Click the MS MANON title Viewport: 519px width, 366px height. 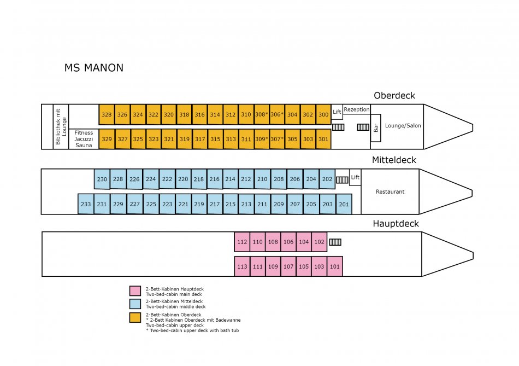point(93,68)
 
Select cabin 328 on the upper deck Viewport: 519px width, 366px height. point(107,114)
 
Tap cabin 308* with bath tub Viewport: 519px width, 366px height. point(261,114)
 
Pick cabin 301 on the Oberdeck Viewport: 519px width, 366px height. point(323,139)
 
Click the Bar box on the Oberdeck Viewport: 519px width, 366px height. point(376,128)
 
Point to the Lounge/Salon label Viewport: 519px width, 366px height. point(403,125)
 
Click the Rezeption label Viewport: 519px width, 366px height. point(356,109)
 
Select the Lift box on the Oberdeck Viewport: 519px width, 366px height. point(337,112)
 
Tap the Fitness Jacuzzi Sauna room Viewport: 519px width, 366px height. point(84,139)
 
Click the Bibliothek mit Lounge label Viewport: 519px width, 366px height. point(60,126)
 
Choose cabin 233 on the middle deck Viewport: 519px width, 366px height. point(86,204)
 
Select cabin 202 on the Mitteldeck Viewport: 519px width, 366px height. point(327,179)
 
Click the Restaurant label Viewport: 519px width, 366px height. point(390,191)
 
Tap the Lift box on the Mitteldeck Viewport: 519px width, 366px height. point(355,177)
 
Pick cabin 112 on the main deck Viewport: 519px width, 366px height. point(242,242)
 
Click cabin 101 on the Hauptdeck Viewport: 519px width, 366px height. point(335,266)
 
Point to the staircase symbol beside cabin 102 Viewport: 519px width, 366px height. point(335,242)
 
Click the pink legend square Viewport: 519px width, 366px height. point(135,291)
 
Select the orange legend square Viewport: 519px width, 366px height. point(135,317)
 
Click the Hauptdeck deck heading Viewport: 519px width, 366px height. point(396,223)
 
